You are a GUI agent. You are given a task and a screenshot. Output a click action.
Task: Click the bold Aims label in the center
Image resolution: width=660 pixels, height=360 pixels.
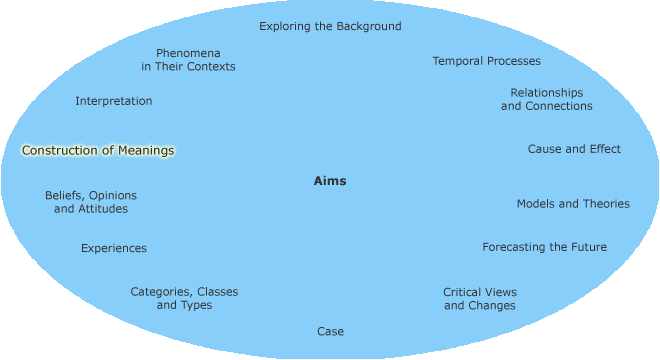coord(330,181)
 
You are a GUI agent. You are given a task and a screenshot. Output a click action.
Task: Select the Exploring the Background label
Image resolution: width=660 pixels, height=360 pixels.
coord(330,26)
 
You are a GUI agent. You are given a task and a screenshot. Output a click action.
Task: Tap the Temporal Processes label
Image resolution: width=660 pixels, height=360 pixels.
coord(486,61)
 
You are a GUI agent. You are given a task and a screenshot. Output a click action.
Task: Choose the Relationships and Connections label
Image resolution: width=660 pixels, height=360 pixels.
coord(546,99)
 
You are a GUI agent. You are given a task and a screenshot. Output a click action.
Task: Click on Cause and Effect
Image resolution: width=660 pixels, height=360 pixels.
coord(574,149)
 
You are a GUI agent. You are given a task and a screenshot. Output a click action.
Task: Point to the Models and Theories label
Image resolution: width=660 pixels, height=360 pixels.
coord(573,203)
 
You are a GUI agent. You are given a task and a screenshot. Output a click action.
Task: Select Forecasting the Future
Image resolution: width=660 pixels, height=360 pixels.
coord(544,247)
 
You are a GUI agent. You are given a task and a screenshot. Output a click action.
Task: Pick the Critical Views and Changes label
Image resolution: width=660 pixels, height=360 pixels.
coord(480,298)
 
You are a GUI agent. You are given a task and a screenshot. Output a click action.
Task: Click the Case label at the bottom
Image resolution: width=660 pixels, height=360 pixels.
coord(330,331)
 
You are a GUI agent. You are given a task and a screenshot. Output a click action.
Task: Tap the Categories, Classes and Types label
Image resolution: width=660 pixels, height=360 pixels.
coord(184,298)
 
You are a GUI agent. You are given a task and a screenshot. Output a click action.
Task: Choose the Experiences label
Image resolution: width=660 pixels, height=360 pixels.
coord(114,248)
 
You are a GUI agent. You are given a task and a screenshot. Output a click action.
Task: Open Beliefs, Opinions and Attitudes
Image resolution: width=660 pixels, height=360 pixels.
coord(91,202)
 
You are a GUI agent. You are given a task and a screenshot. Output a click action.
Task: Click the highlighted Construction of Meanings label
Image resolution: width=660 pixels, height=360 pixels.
coord(98,151)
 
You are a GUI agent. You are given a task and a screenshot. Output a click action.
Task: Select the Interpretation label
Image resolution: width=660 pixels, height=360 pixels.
coord(114,101)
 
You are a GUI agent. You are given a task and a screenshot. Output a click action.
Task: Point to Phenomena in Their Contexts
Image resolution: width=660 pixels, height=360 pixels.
coord(188,59)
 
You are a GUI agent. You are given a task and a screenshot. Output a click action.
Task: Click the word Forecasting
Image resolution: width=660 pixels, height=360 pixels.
coord(515,247)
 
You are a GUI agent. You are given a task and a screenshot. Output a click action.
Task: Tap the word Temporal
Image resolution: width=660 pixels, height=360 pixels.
coord(458,61)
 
